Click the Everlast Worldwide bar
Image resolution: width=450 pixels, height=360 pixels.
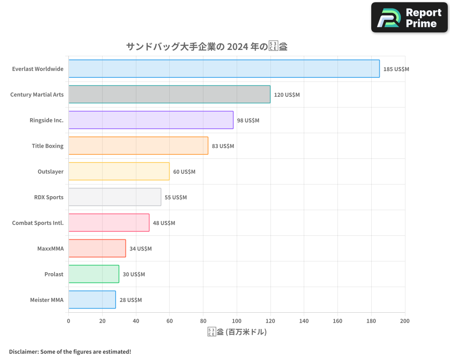pos(224,69)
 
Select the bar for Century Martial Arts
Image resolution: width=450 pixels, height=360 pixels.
pos(169,94)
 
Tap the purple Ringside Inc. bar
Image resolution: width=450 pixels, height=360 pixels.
pos(151,120)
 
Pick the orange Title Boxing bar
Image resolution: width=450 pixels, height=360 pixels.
pos(138,146)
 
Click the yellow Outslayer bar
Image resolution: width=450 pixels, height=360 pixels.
pos(119,171)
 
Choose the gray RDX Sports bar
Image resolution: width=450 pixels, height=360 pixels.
pos(115,197)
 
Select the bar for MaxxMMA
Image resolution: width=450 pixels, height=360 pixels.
pos(97,248)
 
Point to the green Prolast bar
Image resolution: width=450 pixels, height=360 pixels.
pos(94,274)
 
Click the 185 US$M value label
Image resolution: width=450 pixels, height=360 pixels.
pos(396,69)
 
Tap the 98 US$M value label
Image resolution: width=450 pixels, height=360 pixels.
pos(248,121)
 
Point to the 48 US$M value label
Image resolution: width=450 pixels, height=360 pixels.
pos(164,223)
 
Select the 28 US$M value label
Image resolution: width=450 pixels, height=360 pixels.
pos(130,300)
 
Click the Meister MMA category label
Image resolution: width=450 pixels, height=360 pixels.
pos(47,300)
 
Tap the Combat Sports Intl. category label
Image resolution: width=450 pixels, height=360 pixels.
pos(38,223)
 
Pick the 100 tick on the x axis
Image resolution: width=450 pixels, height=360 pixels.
pos(237,321)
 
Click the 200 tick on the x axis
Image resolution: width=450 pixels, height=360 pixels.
pos(405,321)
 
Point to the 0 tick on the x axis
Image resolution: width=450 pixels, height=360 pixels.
pos(68,321)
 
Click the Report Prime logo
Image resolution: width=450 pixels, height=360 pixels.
pos(409,18)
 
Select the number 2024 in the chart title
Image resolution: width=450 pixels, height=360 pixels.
pos(238,47)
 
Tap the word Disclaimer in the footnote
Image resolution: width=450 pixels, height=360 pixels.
pos(23,351)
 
